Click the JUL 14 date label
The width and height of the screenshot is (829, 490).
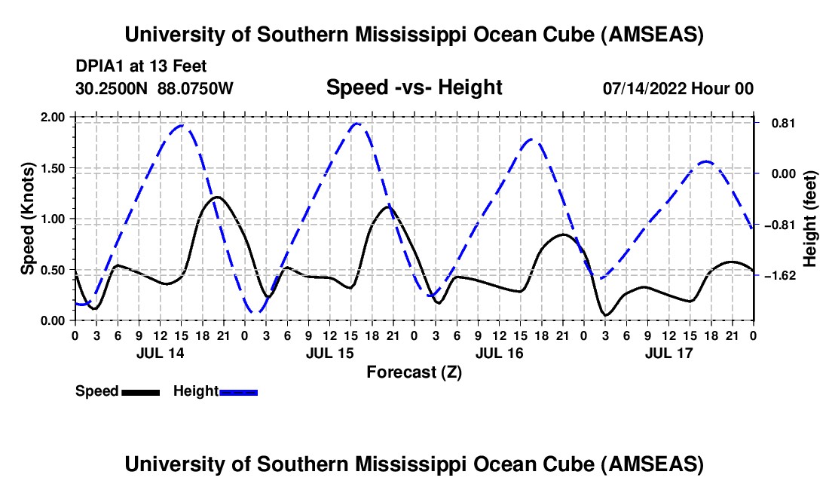click(159, 353)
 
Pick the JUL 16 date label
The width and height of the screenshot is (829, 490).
click(499, 353)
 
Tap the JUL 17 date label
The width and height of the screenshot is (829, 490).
click(668, 353)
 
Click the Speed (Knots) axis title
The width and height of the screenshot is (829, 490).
click(28, 219)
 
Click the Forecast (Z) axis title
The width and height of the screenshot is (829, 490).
click(414, 372)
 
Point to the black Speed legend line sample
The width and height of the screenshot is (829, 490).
click(140, 391)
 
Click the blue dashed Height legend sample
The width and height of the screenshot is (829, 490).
click(238, 391)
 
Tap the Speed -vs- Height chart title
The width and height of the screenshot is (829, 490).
click(414, 87)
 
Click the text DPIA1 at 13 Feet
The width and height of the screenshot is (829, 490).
click(141, 66)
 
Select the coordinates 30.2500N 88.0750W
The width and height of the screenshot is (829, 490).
click(154, 88)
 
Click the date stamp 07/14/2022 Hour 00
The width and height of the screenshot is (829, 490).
click(678, 88)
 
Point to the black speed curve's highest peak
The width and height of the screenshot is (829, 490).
click(217, 197)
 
